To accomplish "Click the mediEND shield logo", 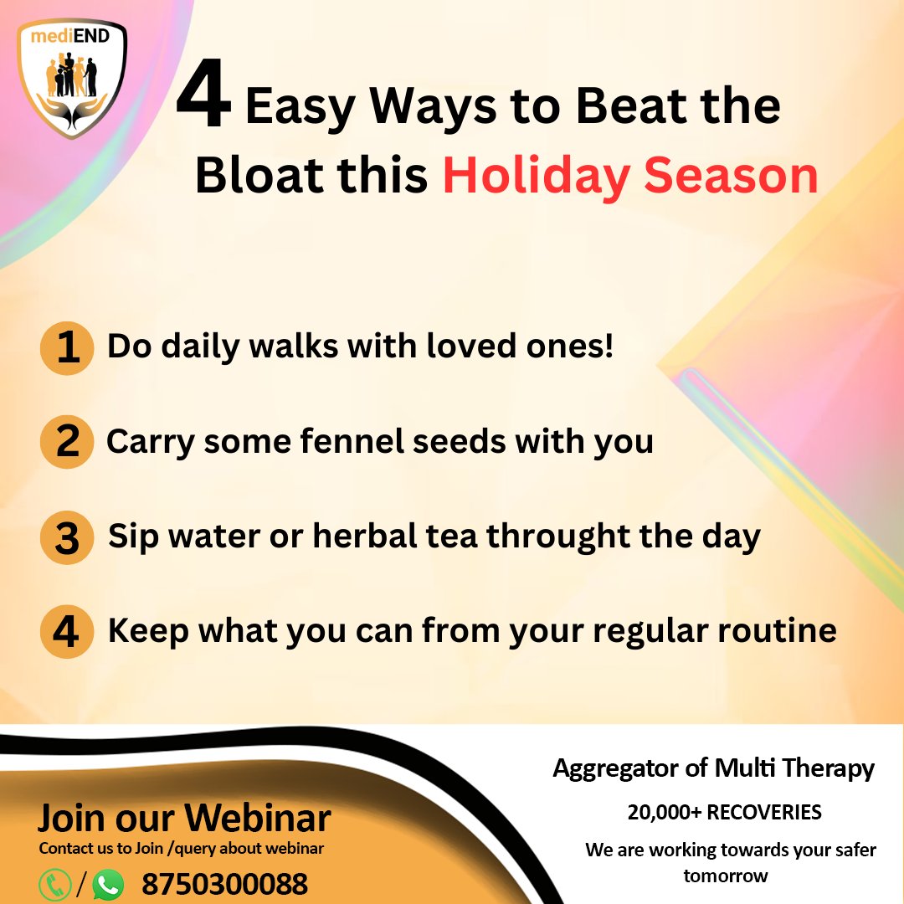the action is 71,79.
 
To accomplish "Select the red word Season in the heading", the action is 731,175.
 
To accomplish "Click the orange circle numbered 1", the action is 67,347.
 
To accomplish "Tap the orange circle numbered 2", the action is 67,442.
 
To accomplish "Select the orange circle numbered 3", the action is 67,537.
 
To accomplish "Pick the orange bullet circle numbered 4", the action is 67,632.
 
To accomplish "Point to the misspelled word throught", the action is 558,537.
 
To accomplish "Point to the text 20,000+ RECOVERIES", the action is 724,812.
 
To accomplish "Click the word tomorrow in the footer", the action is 725,876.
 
